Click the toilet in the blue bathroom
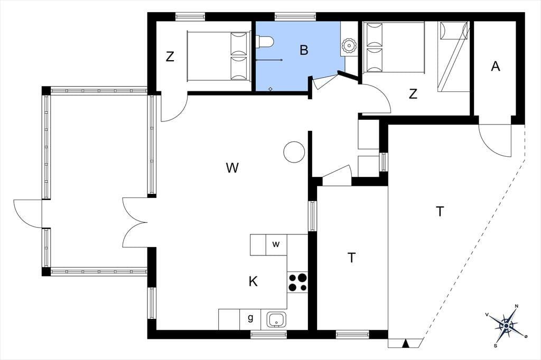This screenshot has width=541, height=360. [x=265, y=42]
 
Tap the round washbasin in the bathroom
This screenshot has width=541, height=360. [x=349, y=46]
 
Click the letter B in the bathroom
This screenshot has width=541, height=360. [x=304, y=50]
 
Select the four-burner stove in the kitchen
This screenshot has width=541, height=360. [x=297, y=282]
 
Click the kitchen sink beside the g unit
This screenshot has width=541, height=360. [x=276, y=320]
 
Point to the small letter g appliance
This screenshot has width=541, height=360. [x=250, y=318]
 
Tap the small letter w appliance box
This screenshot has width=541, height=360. [x=276, y=244]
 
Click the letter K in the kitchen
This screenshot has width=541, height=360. [x=253, y=281]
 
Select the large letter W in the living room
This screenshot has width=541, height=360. [x=232, y=168]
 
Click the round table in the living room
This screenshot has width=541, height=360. [x=294, y=152]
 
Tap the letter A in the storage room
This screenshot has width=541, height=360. [x=496, y=66]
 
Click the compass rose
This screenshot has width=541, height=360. [x=507, y=326]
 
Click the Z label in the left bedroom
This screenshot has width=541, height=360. [x=170, y=56]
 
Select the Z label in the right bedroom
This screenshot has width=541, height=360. [x=413, y=93]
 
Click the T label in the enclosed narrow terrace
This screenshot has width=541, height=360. [x=351, y=257]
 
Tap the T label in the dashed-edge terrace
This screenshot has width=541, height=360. [x=440, y=211]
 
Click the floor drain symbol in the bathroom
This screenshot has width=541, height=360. [x=270, y=89]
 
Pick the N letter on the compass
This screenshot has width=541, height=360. [x=517, y=306]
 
